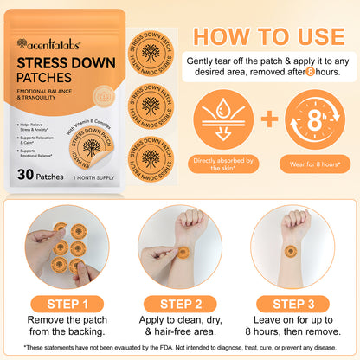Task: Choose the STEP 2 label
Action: (x=179, y=303)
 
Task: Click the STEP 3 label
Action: (x=292, y=303)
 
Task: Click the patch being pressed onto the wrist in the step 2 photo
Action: (x=183, y=252)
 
